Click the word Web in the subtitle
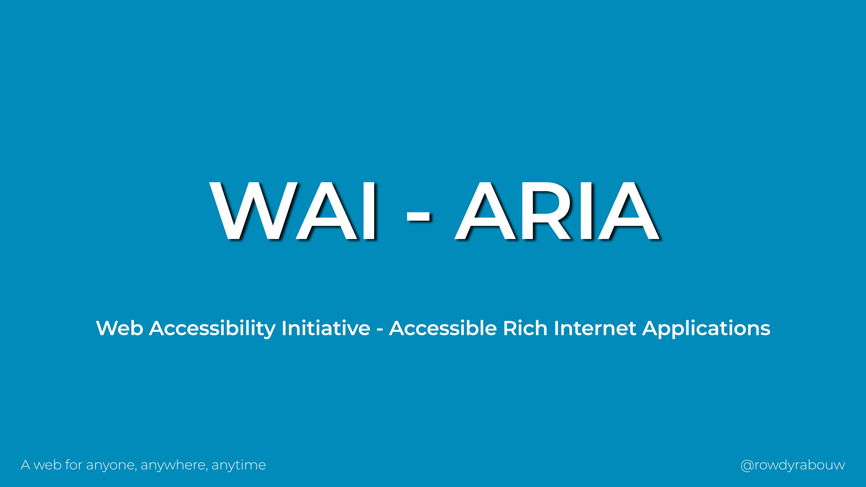point(119,328)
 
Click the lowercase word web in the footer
point(47,465)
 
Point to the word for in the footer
point(74,465)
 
